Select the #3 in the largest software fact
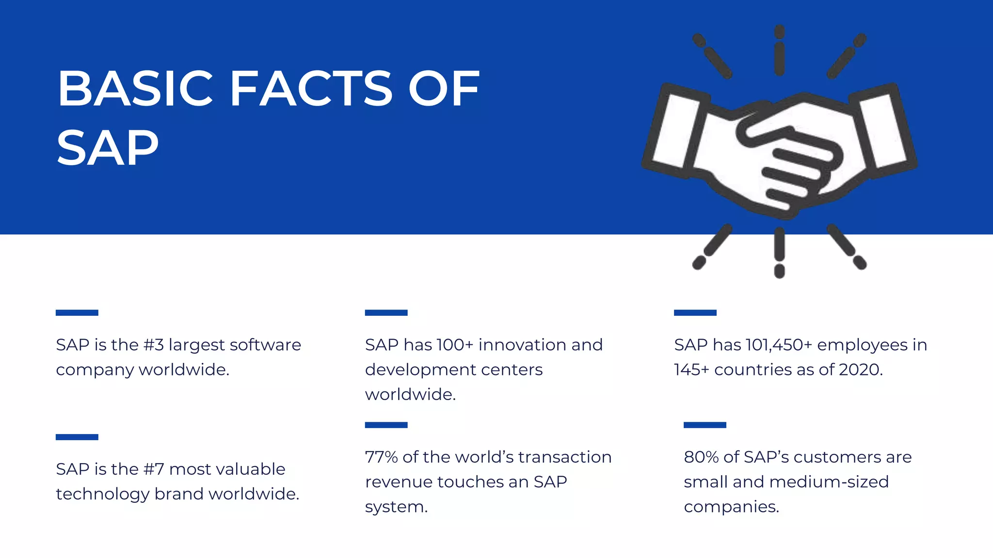click(154, 345)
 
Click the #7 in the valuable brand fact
click(154, 469)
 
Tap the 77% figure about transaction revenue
click(381, 457)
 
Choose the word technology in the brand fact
click(102, 494)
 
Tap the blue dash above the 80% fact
click(705, 425)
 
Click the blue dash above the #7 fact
click(77, 437)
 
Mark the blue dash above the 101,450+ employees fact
click(695, 312)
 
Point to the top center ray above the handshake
click(779, 51)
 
